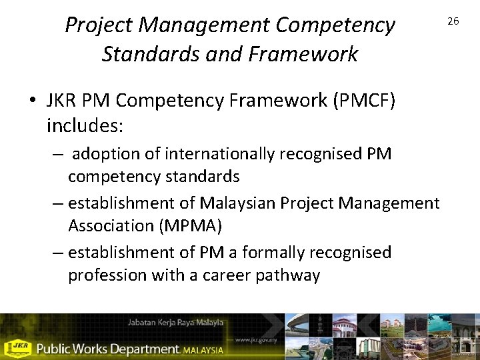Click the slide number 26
(453, 21)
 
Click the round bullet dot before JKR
(33, 101)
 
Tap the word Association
(111, 226)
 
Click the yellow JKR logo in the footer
(19, 347)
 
